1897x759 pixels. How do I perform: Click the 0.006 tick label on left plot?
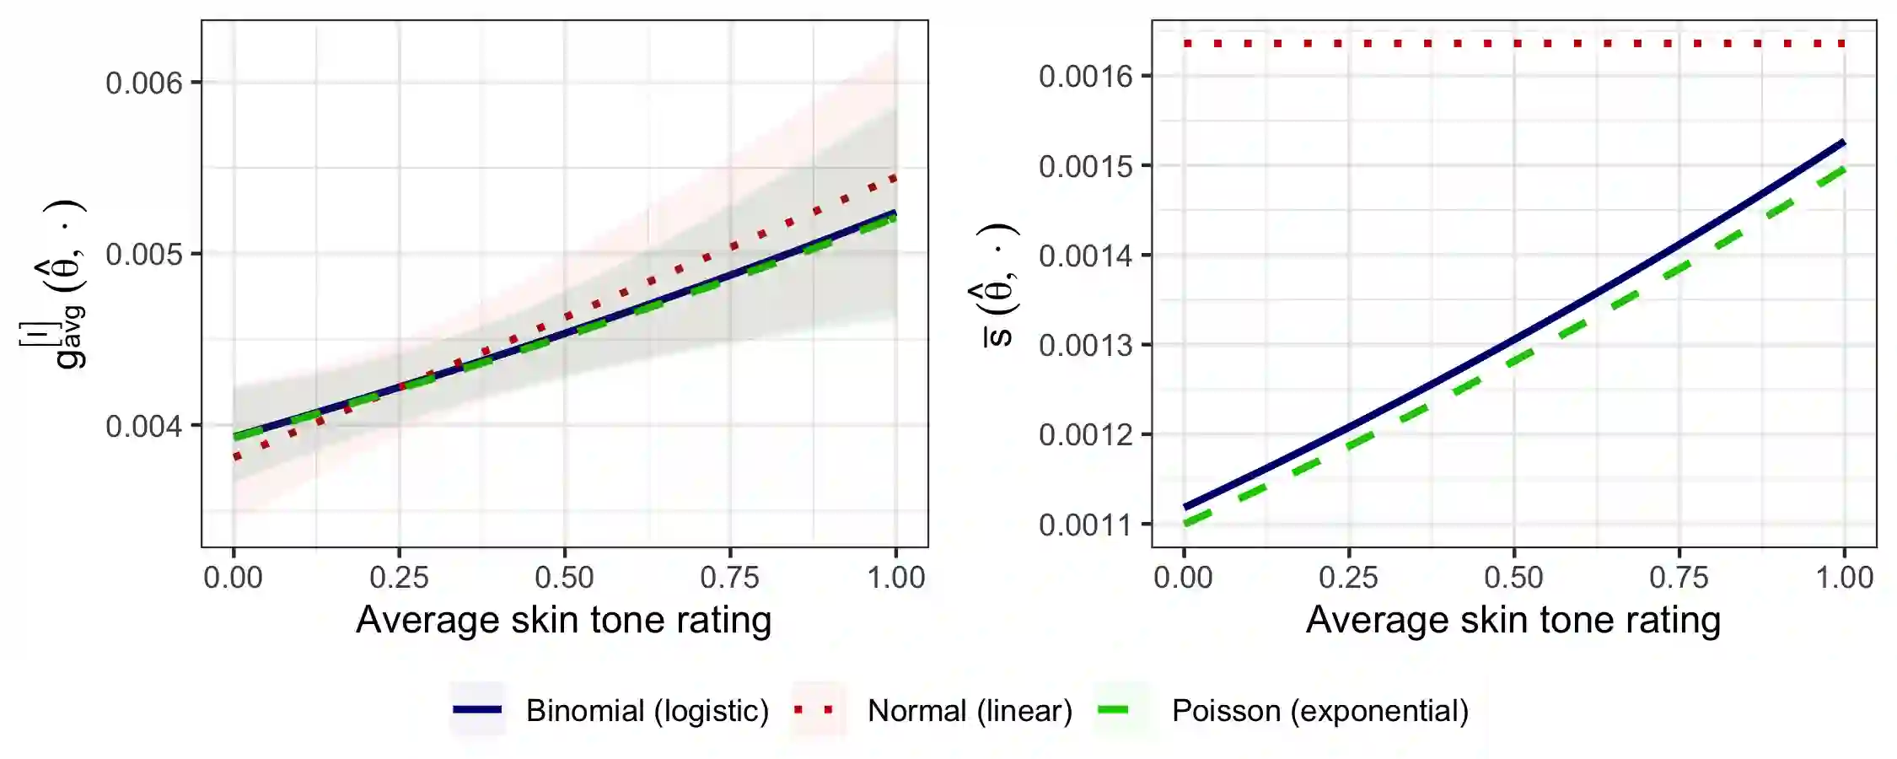point(143,83)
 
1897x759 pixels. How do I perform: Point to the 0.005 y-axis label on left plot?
point(143,255)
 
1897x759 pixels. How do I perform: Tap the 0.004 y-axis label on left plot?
point(143,426)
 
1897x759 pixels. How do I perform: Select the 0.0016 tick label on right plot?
point(1085,77)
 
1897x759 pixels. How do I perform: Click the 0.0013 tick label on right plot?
point(1085,346)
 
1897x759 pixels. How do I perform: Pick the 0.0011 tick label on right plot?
point(1085,525)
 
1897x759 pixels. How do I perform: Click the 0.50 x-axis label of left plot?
point(564,578)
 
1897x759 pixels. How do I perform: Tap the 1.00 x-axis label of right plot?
point(1844,578)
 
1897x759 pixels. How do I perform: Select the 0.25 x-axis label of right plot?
point(1348,578)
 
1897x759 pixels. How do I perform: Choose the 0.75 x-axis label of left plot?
point(729,578)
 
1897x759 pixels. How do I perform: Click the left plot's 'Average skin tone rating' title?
point(563,620)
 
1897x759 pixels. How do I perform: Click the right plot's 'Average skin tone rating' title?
point(1513,620)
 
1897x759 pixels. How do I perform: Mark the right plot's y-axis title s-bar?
point(999,287)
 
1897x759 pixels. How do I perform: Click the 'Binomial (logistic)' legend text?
point(648,711)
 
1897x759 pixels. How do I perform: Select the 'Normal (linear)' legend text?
point(970,711)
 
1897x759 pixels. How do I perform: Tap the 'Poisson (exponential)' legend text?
point(1320,711)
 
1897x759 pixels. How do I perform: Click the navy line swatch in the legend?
point(477,710)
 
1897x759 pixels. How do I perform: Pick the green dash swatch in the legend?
point(1113,710)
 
